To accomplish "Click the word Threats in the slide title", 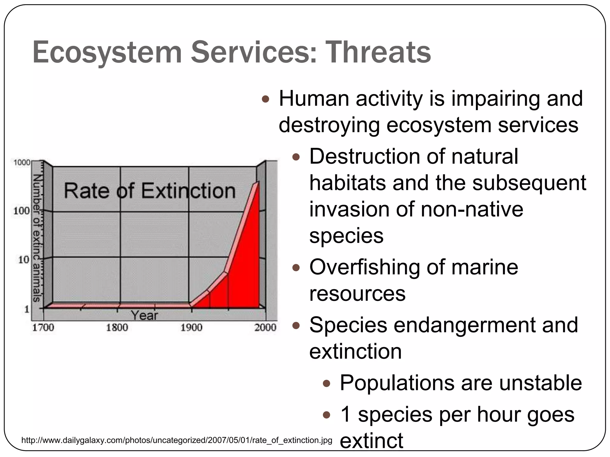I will coord(378,52).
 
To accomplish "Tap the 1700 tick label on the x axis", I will coord(43,328).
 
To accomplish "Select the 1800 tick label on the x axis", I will coord(117,328).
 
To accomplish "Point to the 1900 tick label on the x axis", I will coord(191,328).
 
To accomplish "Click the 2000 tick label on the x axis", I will coord(265,328).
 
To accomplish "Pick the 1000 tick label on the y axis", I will coord(22,162).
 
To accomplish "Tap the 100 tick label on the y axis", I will coord(21,211).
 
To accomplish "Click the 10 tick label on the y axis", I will coord(24,260).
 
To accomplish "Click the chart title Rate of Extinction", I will coord(150,191).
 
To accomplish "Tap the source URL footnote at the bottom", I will coord(177,440).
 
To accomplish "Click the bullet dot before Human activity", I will coord(265,99).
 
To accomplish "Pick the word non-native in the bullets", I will coord(472,209).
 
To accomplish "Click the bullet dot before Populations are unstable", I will coord(327,384).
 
